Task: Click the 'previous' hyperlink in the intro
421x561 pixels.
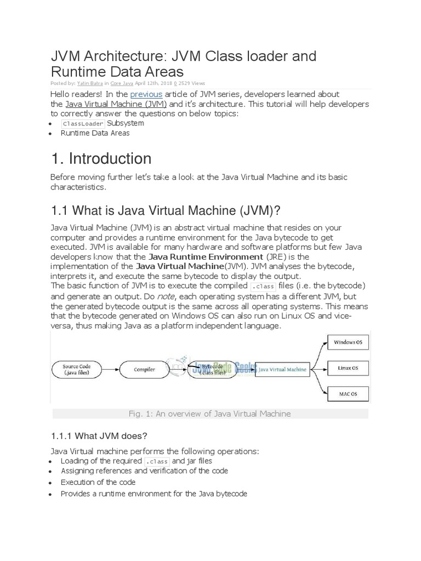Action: [146, 94]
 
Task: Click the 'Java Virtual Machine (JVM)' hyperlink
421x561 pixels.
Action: [116, 104]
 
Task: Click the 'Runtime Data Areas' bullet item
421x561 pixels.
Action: [95, 133]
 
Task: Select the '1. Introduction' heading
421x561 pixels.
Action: [101, 158]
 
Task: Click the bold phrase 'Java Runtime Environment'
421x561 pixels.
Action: [206, 256]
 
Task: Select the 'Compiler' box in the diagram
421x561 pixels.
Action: [144, 370]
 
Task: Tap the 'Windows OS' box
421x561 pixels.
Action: [348, 343]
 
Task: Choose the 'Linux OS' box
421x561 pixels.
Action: [348, 368]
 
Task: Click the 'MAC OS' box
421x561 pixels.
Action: [348, 393]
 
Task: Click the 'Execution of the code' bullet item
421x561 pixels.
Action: [98, 482]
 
